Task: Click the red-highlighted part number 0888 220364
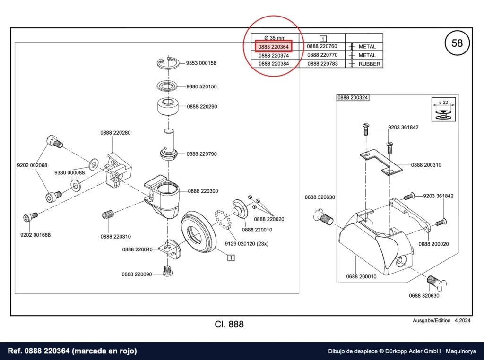click(x=274, y=47)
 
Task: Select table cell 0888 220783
click(x=322, y=64)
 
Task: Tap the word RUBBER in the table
click(x=370, y=64)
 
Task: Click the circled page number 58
click(x=457, y=43)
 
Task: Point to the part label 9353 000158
click(x=201, y=63)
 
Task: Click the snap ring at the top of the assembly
click(x=168, y=63)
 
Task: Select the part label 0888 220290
click(x=202, y=107)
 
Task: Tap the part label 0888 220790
click(x=201, y=154)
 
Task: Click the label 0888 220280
click(x=115, y=133)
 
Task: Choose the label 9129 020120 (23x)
click(x=247, y=244)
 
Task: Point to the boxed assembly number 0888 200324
click(x=353, y=97)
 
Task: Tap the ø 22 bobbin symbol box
click(x=443, y=109)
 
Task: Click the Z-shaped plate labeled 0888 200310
click(x=381, y=162)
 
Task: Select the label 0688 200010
click(x=361, y=277)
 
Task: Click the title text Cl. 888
click(x=229, y=324)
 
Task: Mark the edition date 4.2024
click(x=462, y=320)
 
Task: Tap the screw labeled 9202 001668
click(x=30, y=216)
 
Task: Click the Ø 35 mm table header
click(x=275, y=38)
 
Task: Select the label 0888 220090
click(x=137, y=274)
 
